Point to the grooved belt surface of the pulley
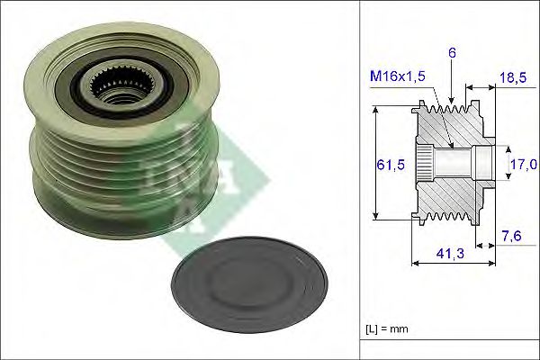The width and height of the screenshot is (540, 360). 99,162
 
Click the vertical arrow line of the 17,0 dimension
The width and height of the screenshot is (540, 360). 503,163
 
